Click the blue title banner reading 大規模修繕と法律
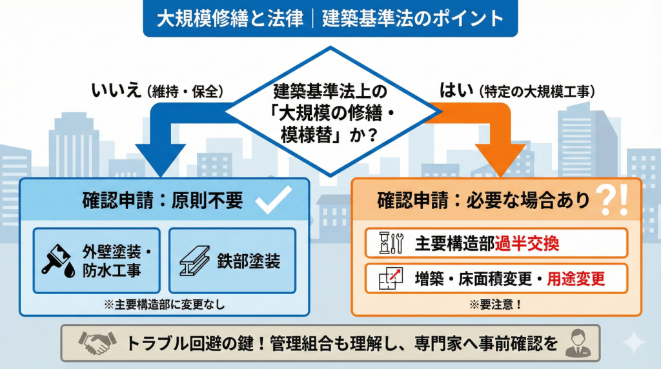(x=330, y=18)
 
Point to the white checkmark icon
(x=275, y=202)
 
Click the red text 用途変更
(x=576, y=279)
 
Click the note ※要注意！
(x=496, y=304)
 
